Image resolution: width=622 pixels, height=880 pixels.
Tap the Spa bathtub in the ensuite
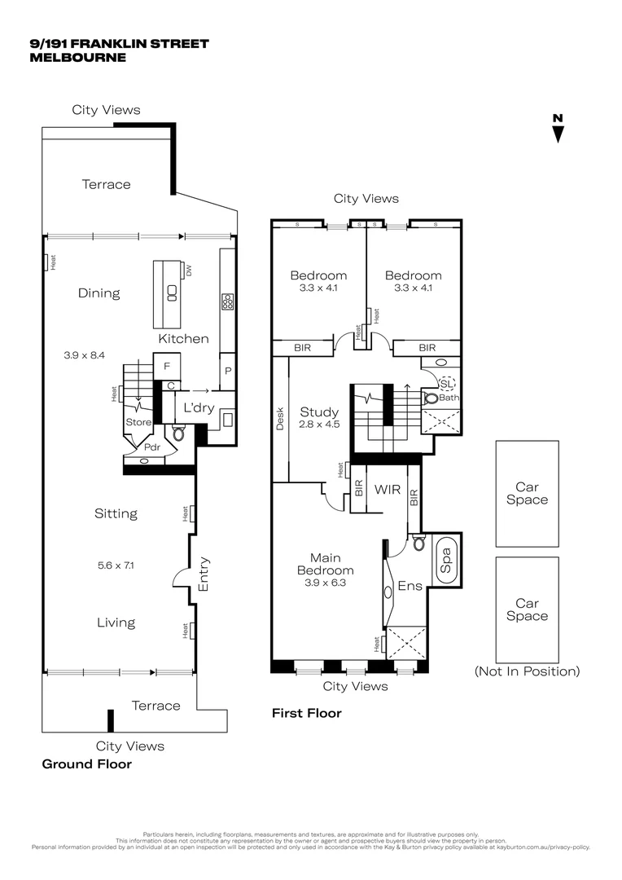click(x=446, y=560)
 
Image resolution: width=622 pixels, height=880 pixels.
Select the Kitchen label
click(x=183, y=339)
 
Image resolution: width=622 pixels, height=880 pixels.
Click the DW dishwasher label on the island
click(x=188, y=271)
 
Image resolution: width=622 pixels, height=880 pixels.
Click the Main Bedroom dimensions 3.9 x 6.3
click(x=325, y=583)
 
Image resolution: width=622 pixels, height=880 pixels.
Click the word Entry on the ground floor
click(x=204, y=574)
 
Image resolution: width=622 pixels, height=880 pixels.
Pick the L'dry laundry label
click(x=198, y=408)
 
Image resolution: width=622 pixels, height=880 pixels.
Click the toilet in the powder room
click(x=179, y=433)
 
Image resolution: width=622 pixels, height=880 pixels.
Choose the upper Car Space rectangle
click(x=527, y=494)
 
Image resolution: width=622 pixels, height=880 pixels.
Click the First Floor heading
click(x=306, y=714)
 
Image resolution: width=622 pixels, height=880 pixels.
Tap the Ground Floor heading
click(x=86, y=764)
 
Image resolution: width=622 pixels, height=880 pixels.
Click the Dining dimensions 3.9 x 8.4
click(x=85, y=355)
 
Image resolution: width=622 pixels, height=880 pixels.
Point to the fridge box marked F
click(x=167, y=367)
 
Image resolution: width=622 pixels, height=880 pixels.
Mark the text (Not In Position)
click(x=527, y=672)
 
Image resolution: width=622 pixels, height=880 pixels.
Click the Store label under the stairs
click(x=138, y=422)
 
